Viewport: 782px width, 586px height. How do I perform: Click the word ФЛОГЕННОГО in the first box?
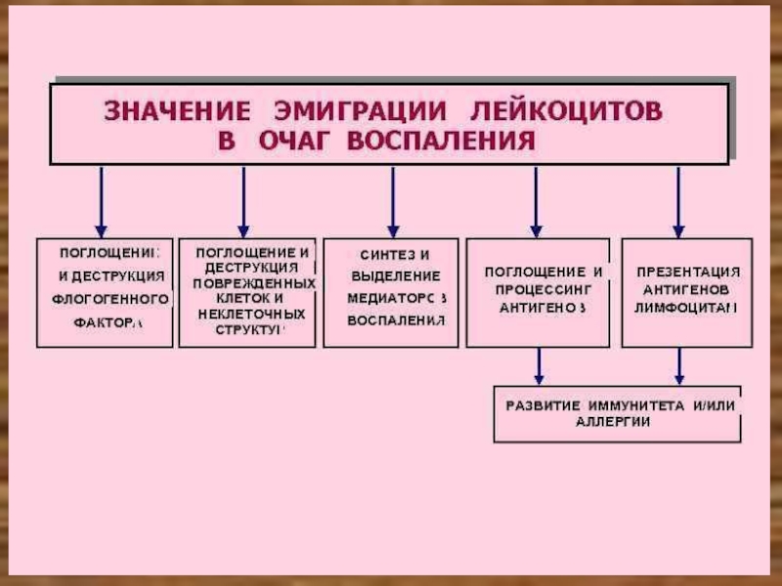110,298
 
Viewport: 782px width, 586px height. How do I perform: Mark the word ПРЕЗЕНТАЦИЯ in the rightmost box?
688,272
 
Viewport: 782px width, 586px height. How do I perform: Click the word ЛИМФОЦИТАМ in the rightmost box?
686,307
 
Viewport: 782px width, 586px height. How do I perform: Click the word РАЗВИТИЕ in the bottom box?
544,404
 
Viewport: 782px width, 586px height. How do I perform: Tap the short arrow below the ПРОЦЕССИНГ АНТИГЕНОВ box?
538,366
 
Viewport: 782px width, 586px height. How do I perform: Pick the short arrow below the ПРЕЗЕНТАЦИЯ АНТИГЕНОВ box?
679,366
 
